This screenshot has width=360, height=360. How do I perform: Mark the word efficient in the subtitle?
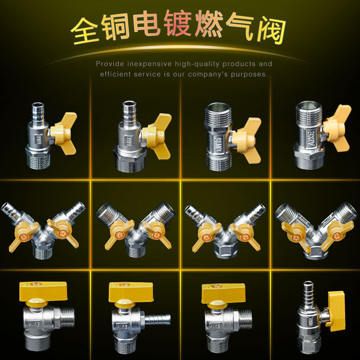pyautogui.click(x=115, y=74)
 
